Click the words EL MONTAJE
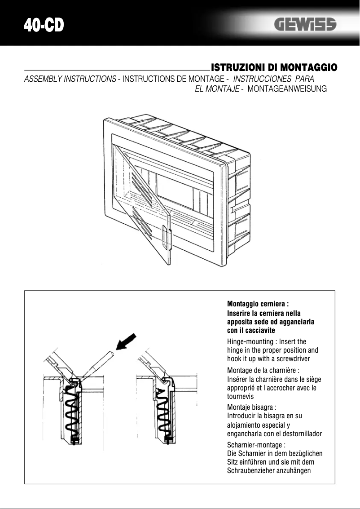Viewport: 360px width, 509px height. [x=216, y=89]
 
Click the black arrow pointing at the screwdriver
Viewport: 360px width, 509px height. [x=128, y=342]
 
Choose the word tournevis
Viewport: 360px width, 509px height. [x=241, y=397]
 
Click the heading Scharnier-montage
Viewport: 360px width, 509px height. [x=256, y=445]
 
